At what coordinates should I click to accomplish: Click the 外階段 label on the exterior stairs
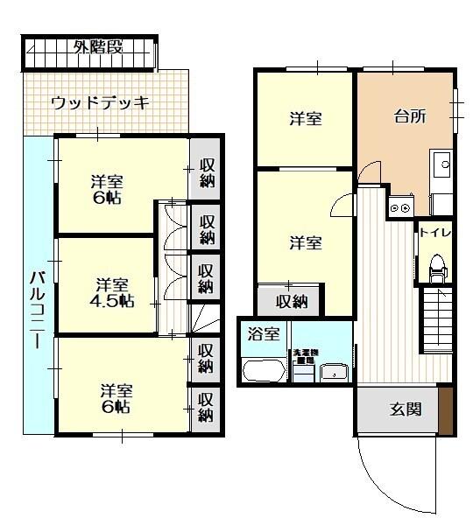[98, 46]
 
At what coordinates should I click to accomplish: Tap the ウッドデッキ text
[100, 102]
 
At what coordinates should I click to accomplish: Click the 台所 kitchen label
[409, 117]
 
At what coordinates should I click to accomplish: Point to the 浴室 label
[263, 333]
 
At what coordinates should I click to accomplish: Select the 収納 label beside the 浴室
[292, 302]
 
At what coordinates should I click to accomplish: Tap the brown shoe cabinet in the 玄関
[447, 409]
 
